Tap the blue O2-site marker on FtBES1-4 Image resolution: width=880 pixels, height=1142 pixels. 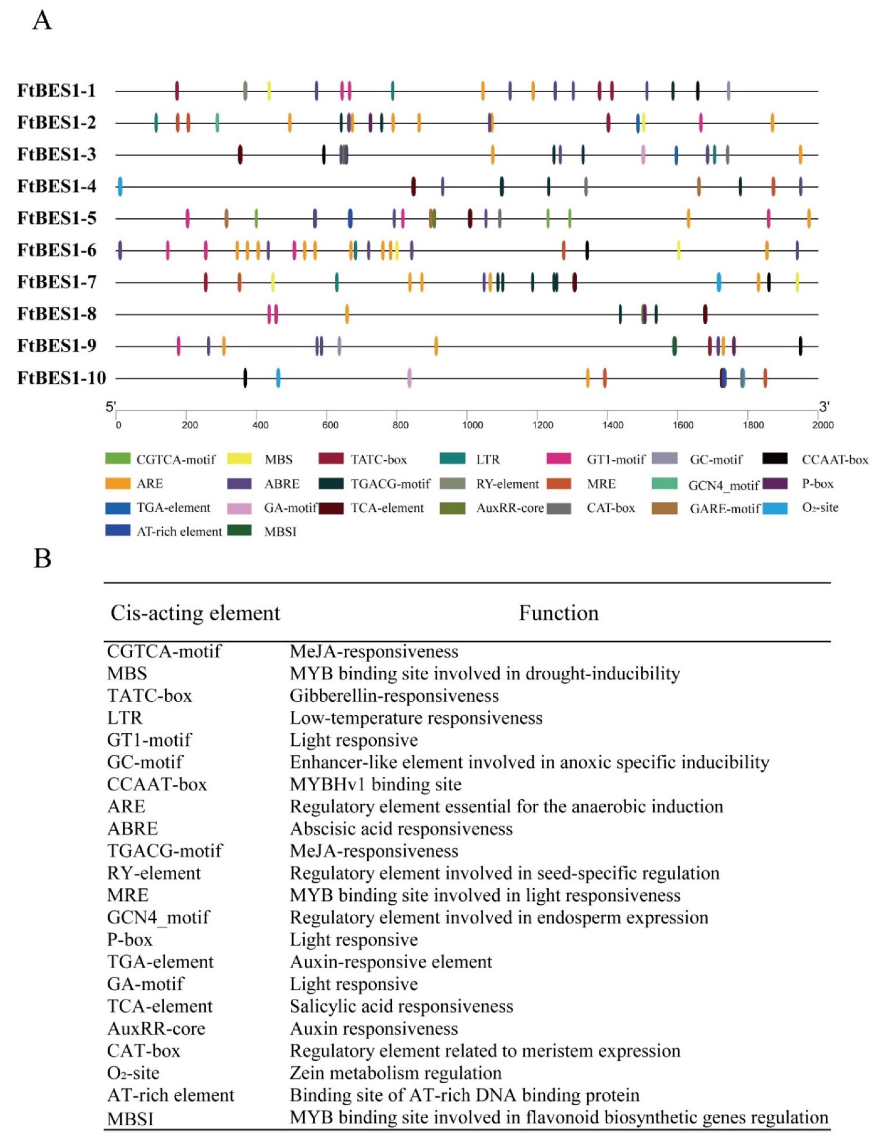pos(120,187)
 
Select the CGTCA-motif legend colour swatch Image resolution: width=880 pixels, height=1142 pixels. pos(118,459)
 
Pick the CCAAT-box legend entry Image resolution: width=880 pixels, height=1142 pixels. pos(834,460)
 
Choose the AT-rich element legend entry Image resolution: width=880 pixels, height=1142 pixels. pos(179,532)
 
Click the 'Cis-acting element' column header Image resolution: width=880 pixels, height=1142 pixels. pos(195,613)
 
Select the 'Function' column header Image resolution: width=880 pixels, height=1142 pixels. pos(558,613)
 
